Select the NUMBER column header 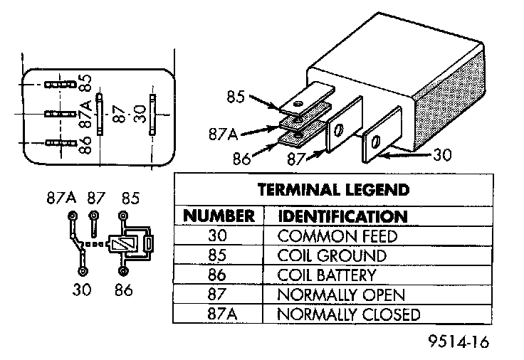pos(219,216)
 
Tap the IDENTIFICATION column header pos(342,216)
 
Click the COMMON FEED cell pos(337,235)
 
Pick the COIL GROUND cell pos(332,255)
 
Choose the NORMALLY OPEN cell pos(341,295)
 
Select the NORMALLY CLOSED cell pos(348,314)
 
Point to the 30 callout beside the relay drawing pos(443,154)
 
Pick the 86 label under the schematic pos(125,290)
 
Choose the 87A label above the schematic pos(61,196)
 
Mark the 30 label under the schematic pos(83,290)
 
